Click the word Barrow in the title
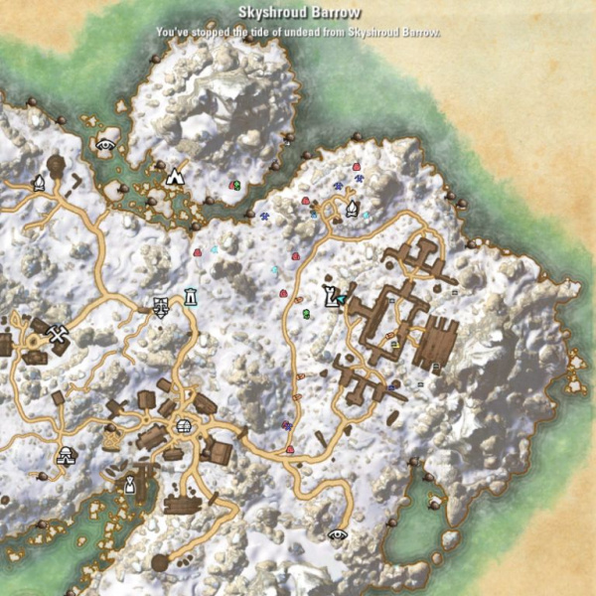coord(335,13)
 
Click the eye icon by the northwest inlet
coord(104,144)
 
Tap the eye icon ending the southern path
coord(338,533)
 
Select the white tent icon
coord(176,176)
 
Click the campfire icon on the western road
coord(39,182)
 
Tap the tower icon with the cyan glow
coord(190,296)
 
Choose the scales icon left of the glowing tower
coord(161,305)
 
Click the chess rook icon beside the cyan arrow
coord(329,295)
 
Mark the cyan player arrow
coord(343,296)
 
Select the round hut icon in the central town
coord(183,427)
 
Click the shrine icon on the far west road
coord(66,455)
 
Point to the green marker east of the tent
coord(234,184)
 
